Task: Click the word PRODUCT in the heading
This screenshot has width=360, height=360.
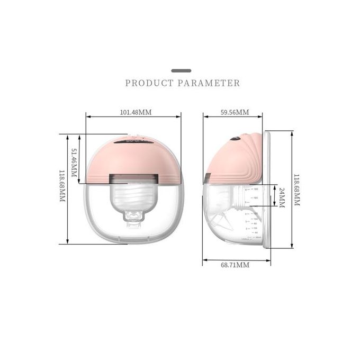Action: [x=149, y=83]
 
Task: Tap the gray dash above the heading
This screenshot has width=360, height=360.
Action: [x=182, y=70]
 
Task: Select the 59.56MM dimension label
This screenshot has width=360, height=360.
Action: [x=235, y=112]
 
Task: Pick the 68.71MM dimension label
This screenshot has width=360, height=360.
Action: [x=235, y=265]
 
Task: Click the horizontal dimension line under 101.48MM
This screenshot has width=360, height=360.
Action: [x=133, y=118]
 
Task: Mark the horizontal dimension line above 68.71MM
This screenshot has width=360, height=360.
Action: [x=237, y=259]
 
